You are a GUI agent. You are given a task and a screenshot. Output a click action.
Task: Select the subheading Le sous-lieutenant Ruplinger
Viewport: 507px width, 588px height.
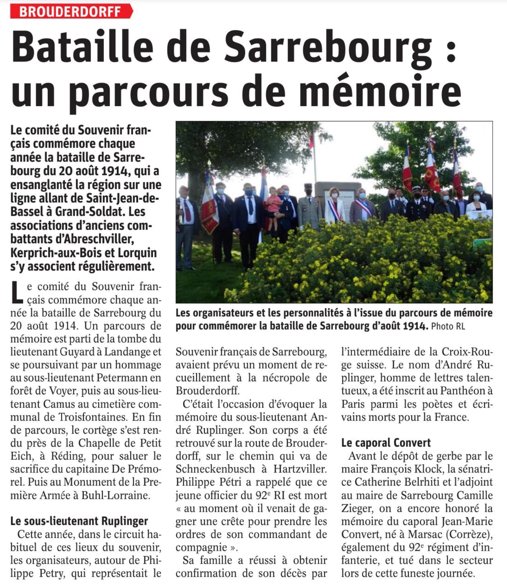click(79, 521)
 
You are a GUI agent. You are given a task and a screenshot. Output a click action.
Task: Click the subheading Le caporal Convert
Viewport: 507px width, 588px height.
click(386, 443)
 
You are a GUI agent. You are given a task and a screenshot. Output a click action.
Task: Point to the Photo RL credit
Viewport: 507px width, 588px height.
click(448, 326)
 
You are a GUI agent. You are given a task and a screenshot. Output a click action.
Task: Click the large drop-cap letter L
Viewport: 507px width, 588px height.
click(17, 292)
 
